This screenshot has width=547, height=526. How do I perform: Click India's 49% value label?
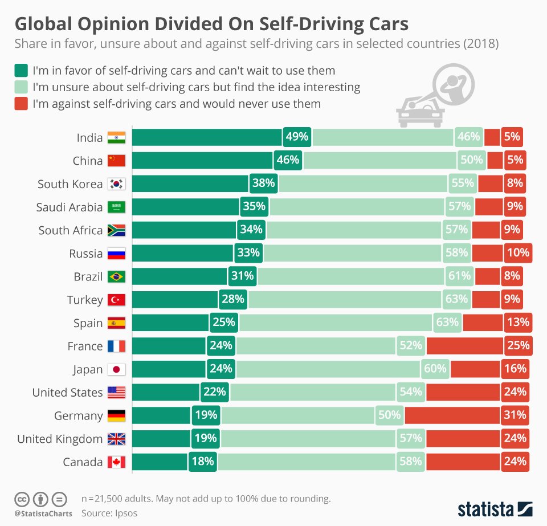(x=297, y=137)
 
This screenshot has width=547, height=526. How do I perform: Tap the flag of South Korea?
(x=116, y=184)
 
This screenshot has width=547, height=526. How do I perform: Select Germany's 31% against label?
(x=515, y=415)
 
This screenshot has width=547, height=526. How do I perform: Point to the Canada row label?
(x=83, y=462)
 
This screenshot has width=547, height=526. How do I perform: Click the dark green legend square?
(x=21, y=71)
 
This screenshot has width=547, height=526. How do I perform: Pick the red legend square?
(x=21, y=104)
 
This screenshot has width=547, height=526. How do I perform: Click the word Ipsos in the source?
(x=125, y=513)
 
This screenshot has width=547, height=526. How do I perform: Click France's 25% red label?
(x=515, y=346)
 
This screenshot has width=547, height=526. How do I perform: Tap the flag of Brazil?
(x=116, y=277)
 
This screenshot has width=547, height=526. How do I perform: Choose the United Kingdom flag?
(x=116, y=439)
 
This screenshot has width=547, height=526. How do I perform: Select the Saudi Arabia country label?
(x=70, y=207)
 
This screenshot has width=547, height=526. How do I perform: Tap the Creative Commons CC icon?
(x=22, y=499)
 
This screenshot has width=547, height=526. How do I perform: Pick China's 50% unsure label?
(x=471, y=161)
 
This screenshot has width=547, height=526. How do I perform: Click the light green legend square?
(x=21, y=87)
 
